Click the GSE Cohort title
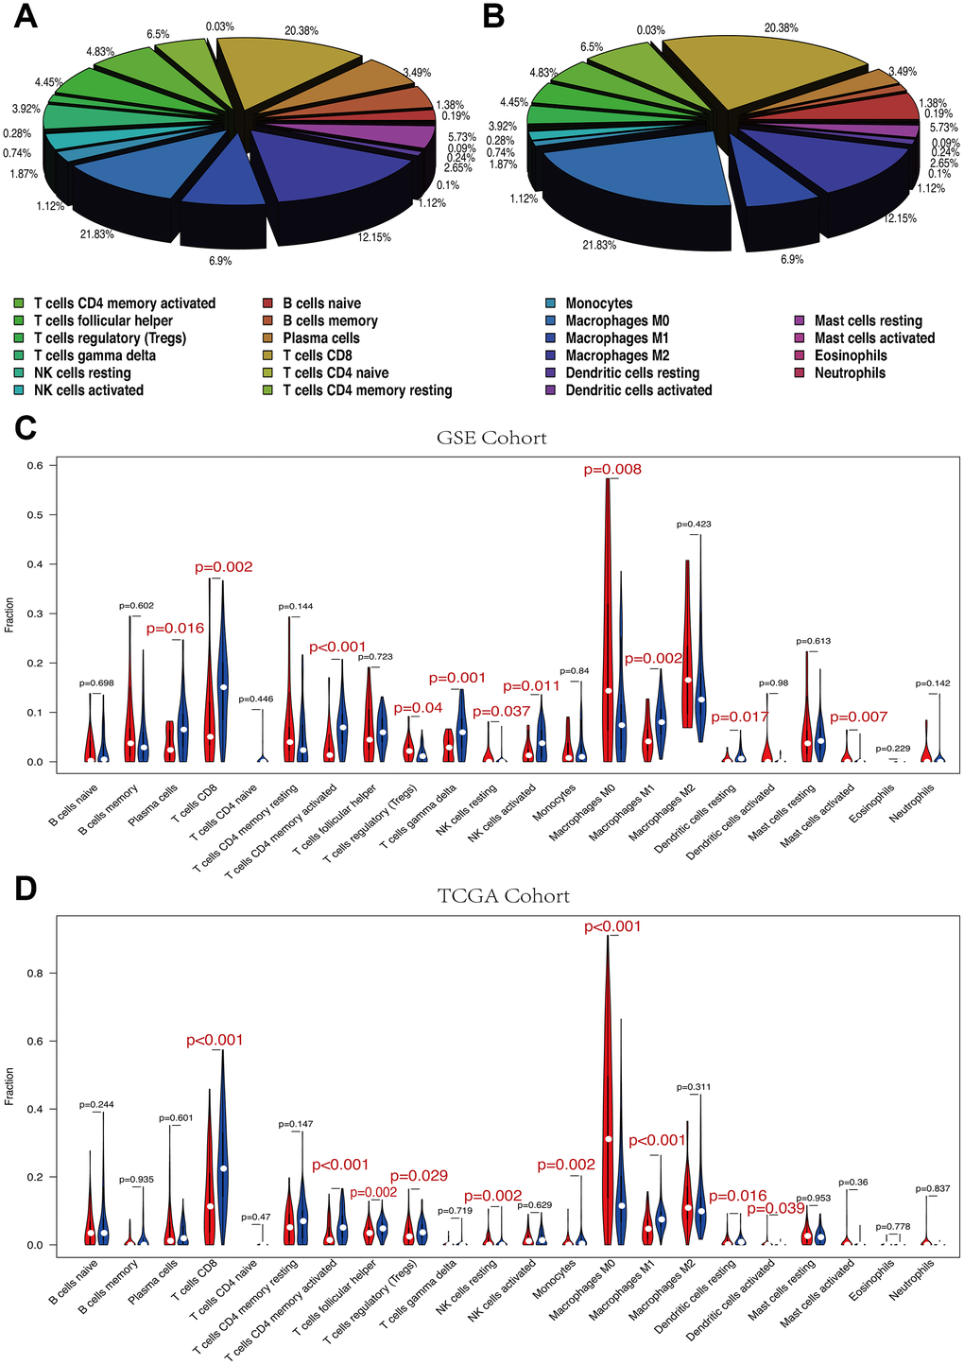pos(491,438)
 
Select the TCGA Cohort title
pos(504,895)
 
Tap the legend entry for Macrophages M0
pos(617,321)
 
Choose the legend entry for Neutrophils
pos(850,373)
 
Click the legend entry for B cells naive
pos(321,303)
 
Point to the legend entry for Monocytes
pos(599,303)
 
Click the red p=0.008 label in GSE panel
pos(612,470)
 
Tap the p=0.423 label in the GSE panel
pos(695,524)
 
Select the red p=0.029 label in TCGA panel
pos(416,1176)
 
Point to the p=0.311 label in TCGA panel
pos(695,1087)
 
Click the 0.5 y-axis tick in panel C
pos(35,514)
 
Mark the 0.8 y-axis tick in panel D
pos(35,973)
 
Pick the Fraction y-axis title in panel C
pos(10,613)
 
